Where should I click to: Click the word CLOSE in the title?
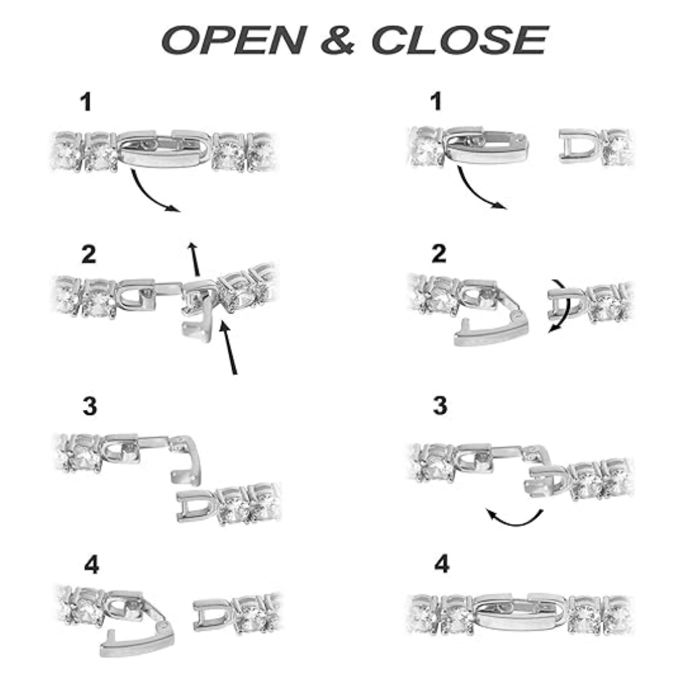(x=460, y=40)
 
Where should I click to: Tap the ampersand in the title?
(x=338, y=40)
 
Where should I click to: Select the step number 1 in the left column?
(x=86, y=103)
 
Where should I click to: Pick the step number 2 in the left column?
(x=89, y=254)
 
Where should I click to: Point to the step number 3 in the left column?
(x=90, y=407)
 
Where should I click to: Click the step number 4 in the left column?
(x=91, y=565)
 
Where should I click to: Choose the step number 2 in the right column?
(x=439, y=253)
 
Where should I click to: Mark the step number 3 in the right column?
(x=440, y=405)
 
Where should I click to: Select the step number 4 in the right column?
(x=441, y=564)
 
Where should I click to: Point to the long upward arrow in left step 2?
(x=228, y=347)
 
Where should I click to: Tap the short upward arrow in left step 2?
(x=194, y=259)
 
